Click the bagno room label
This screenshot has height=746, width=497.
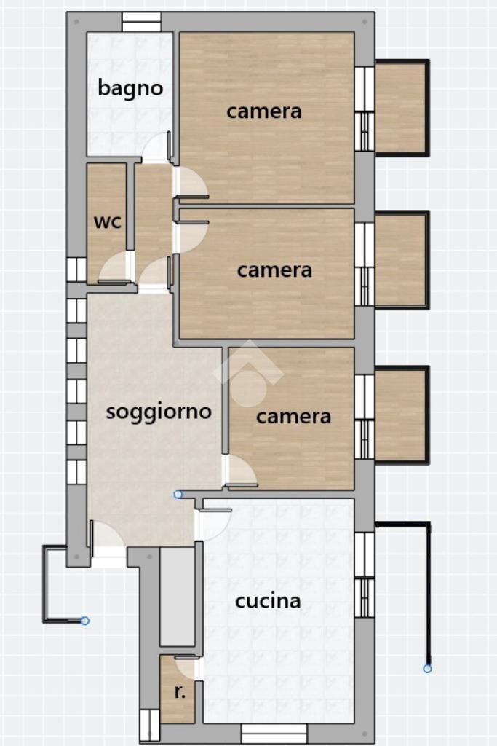pos(130,89)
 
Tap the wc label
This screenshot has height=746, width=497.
pos(107,221)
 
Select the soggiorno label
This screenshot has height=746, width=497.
pos(159,411)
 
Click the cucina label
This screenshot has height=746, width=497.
pos(268,601)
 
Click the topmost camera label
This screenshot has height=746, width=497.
pos(263,111)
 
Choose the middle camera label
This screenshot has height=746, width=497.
pos(274,270)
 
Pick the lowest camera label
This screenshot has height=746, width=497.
pos(293,416)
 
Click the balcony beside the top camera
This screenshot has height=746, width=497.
pos(399,108)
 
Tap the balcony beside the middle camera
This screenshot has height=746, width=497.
pos(399,259)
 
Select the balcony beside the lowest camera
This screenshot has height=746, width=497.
pos(399,415)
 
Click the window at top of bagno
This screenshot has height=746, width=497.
pos(141,23)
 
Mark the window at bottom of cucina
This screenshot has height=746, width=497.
pos(274,733)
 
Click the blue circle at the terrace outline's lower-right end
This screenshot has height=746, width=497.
pos(427,668)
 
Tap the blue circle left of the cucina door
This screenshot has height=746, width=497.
pos(178,494)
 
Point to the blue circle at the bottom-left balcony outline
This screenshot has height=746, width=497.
pos(85,621)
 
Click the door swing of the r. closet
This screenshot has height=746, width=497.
pos(188,667)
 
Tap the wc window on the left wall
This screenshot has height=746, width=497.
pos(76,270)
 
